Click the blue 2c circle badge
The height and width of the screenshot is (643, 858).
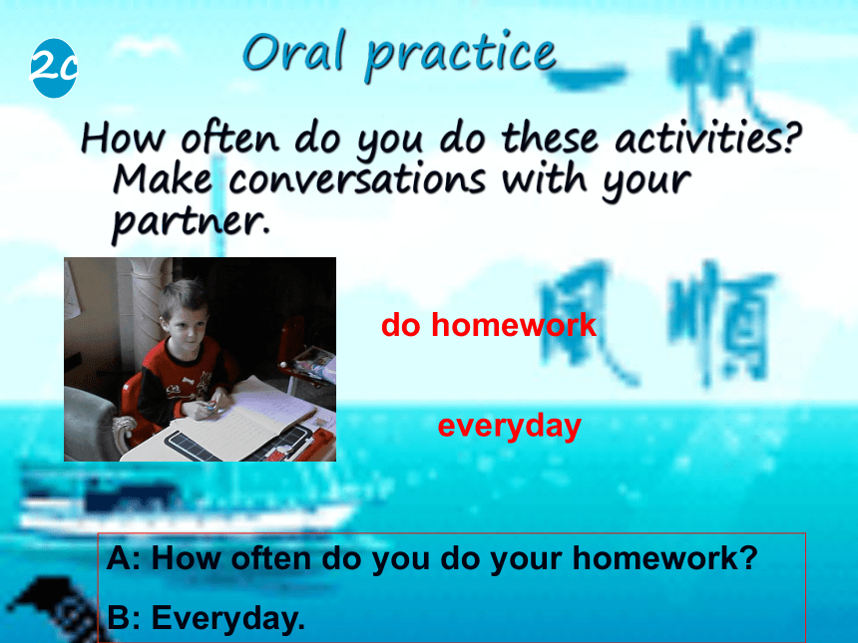point(53,68)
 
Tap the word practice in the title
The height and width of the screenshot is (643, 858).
point(460,55)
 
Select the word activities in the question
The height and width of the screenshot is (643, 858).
point(708,138)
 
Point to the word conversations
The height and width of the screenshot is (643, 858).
point(356,179)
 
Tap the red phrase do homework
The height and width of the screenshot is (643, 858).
point(489,325)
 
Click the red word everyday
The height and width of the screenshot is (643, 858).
point(510,427)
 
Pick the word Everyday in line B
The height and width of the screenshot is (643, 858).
point(227,618)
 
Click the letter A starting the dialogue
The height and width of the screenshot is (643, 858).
point(119,558)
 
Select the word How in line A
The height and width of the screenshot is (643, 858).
point(186,558)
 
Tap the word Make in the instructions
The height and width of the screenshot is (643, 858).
point(163,178)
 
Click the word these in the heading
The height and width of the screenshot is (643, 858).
point(550,138)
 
